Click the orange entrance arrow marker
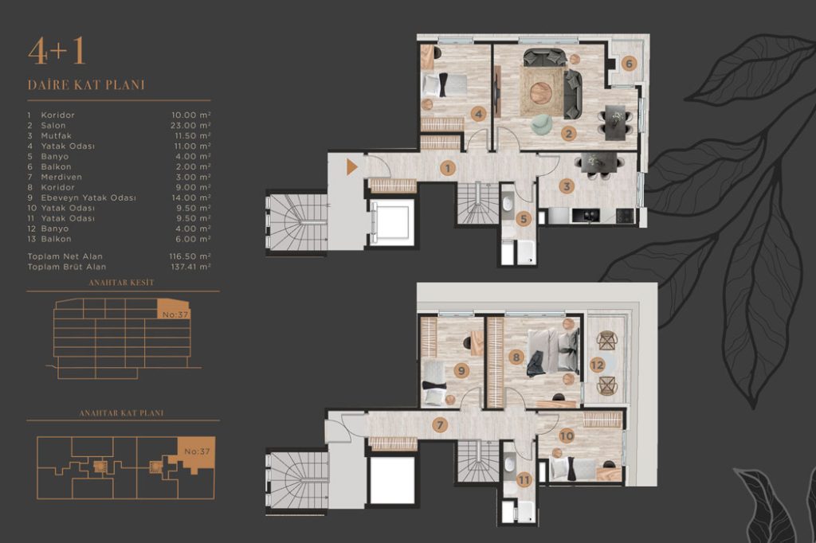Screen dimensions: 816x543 pyautogui.click(x=351, y=167)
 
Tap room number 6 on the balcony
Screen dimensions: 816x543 pyautogui.click(x=629, y=64)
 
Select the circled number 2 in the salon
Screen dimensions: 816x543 pyautogui.click(x=569, y=134)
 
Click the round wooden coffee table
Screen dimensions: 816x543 pyautogui.click(x=541, y=93)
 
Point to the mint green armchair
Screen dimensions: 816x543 pyautogui.click(x=541, y=123)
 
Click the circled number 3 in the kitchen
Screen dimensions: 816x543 pyautogui.click(x=567, y=186)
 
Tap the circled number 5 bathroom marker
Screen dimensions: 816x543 pyautogui.click(x=524, y=219)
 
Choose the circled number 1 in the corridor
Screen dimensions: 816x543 pyautogui.click(x=447, y=168)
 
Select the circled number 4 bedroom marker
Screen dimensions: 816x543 pyautogui.click(x=478, y=114)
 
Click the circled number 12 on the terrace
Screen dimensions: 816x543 pyautogui.click(x=597, y=365)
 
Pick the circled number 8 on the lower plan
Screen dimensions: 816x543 pyautogui.click(x=516, y=357)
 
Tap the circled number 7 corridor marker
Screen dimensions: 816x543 pyautogui.click(x=440, y=425)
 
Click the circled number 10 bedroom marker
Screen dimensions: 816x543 pyautogui.click(x=567, y=436)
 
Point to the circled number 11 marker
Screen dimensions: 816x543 pyautogui.click(x=524, y=480)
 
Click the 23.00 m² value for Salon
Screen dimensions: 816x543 pyautogui.click(x=190, y=125)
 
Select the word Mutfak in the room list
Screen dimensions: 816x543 pyautogui.click(x=57, y=135)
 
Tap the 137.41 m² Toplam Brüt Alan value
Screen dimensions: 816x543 pyautogui.click(x=190, y=267)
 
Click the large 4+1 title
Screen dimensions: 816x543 pyautogui.click(x=57, y=52)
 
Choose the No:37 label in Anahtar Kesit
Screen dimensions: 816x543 pyautogui.click(x=175, y=314)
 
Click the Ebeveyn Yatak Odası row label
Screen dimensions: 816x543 pyautogui.click(x=88, y=197)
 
